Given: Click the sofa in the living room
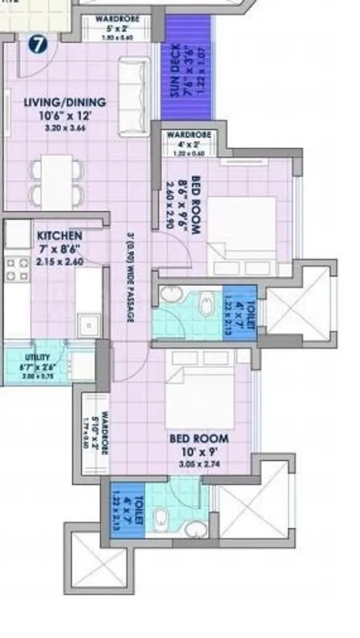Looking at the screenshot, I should [x=134, y=88].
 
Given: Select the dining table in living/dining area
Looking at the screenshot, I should [x=57, y=179].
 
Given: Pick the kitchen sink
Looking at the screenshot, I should [x=89, y=325].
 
